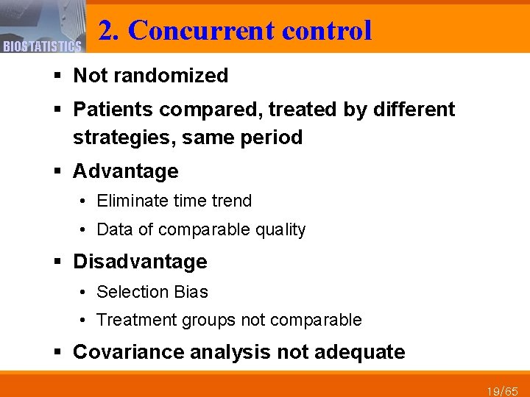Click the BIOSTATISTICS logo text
[41, 47]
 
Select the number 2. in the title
[109, 31]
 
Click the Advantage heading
[126, 172]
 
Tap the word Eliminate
[132, 201]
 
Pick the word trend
[232, 201]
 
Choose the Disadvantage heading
[140, 262]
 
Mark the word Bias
[191, 292]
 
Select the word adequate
[359, 352]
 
